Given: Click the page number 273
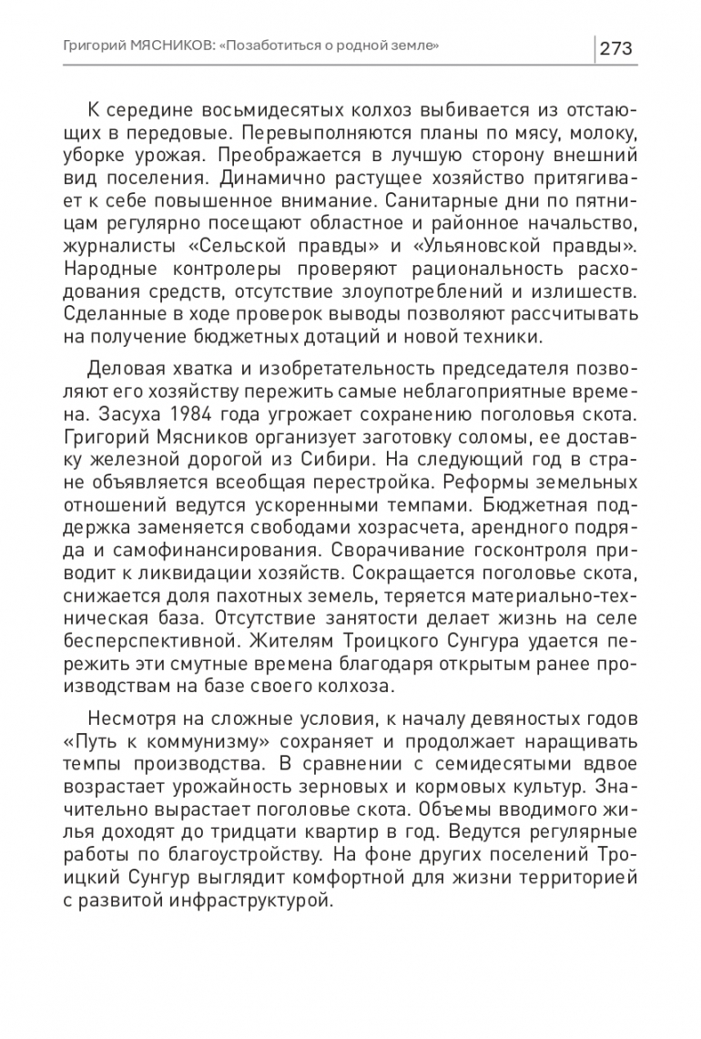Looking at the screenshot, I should pos(615,47).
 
